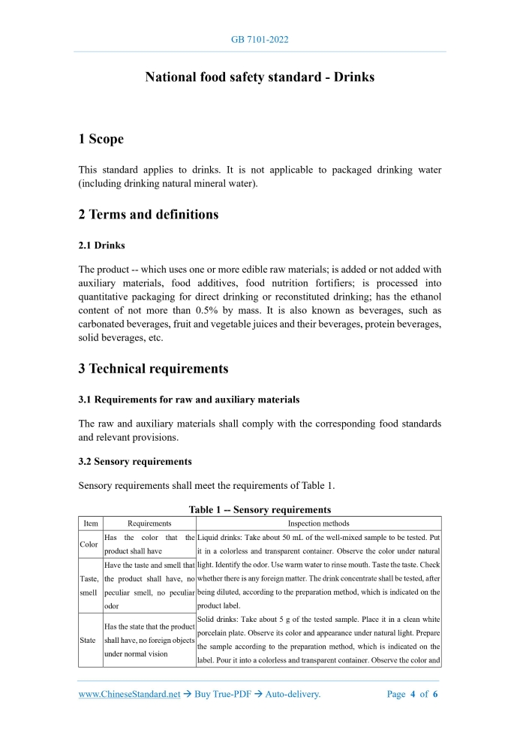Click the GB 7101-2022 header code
coord(260,39)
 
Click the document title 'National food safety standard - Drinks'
coord(260,77)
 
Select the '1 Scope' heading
coord(101,139)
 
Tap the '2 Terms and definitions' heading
coord(148,215)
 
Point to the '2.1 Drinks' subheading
coord(101,246)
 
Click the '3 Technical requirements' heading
coord(153,369)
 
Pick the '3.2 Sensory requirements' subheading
coord(135,461)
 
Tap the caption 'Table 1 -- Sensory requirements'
coord(260,510)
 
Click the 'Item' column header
coord(90,523)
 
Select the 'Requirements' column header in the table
coord(149,523)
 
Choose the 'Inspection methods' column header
coord(318,523)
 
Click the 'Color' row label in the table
coord(89,544)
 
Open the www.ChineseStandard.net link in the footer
coord(129,694)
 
